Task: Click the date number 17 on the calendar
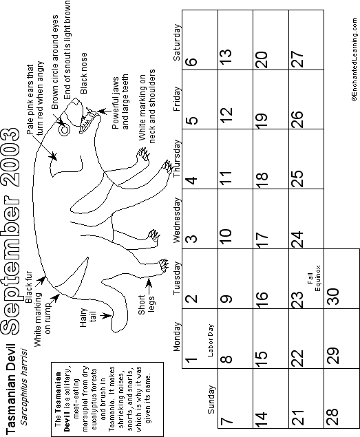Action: click(262, 240)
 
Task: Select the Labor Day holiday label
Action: click(211, 340)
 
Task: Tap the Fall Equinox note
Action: click(314, 279)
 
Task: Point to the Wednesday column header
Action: click(177, 220)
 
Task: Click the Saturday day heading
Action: click(177, 43)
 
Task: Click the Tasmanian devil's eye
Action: click(65, 130)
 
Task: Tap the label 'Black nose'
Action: click(83, 74)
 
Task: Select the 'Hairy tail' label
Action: click(88, 317)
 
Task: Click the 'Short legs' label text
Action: click(146, 305)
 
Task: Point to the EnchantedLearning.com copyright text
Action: click(354, 60)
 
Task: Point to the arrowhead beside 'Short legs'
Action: click(149, 282)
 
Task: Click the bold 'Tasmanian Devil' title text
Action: click(10, 389)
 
